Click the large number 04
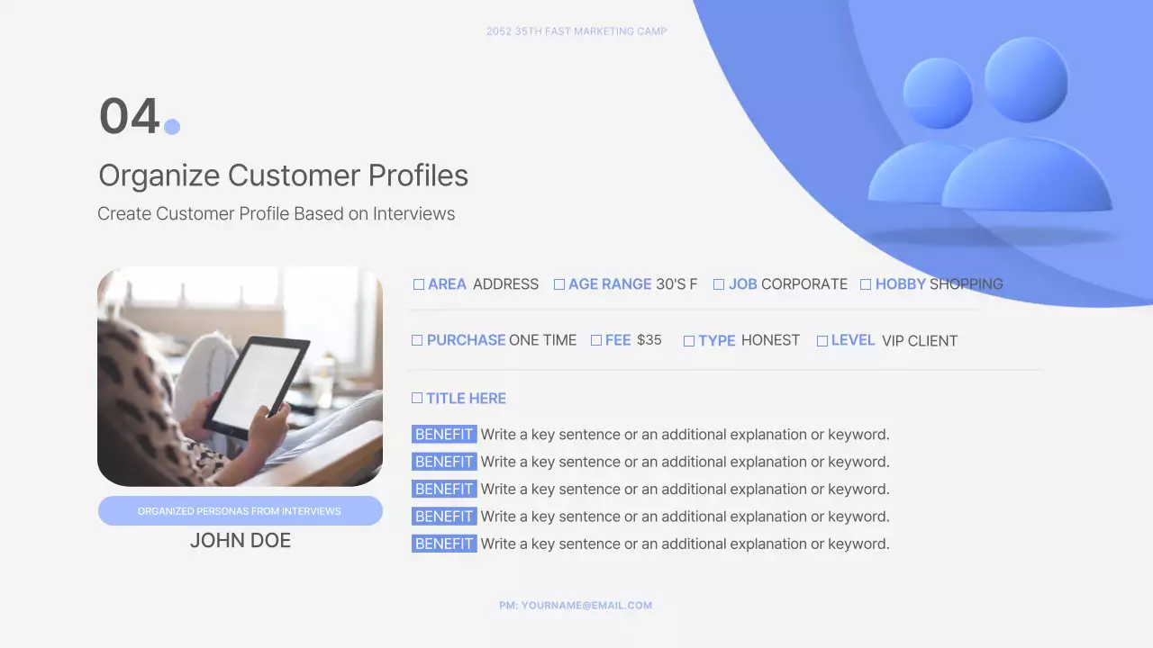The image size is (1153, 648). point(129,117)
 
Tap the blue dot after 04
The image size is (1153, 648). point(172,127)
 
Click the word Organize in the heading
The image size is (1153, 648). point(159,175)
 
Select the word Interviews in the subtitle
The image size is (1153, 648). point(413,214)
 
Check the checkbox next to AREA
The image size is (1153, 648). point(419,284)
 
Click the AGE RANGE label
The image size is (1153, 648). point(610,284)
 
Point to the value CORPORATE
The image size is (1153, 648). point(804,284)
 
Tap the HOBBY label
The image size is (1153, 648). point(900,284)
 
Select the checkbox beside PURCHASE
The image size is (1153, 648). point(417,340)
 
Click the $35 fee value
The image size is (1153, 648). point(649,340)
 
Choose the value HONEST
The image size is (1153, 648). point(770,340)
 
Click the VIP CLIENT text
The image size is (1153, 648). point(920,341)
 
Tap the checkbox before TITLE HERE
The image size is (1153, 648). point(417,398)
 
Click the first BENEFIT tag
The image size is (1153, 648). point(444,435)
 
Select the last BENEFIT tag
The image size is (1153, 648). point(444,544)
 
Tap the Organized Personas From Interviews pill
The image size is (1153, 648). point(240,511)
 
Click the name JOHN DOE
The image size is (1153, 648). point(241,541)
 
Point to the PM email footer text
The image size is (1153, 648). point(576,606)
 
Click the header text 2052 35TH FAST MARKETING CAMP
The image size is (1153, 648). point(576,31)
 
